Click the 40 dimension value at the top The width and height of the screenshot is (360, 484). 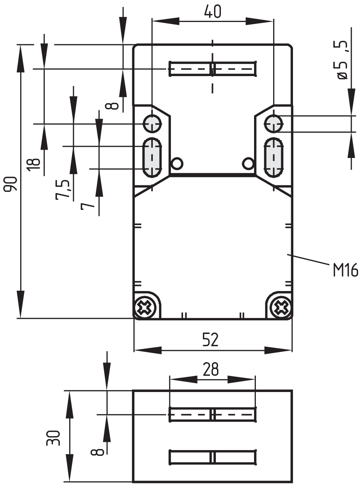pyautogui.click(x=213, y=12)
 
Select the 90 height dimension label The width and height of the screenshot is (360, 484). pyautogui.click(x=11, y=184)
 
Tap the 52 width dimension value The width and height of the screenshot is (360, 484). pyautogui.click(x=210, y=340)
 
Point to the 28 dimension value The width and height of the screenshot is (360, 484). pyautogui.click(x=211, y=369)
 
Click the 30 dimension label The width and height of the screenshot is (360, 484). pyautogui.click(x=53, y=438)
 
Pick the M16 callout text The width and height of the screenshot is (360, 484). pyautogui.click(x=345, y=270)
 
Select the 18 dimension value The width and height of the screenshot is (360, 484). pyautogui.click(x=34, y=164)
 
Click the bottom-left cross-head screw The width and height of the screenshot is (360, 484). pyautogui.click(x=145, y=307)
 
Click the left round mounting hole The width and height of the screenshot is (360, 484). pyautogui.click(x=152, y=124)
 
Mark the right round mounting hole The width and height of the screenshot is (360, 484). pyautogui.click(x=274, y=124)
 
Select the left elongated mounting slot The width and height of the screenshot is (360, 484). pyautogui.click(x=152, y=158)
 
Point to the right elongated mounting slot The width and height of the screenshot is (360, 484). pyautogui.click(x=274, y=158)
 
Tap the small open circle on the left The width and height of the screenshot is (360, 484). pyautogui.click(x=177, y=163)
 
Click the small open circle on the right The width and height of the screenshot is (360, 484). pyautogui.click(x=248, y=163)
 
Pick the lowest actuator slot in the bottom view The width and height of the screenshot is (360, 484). pyautogui.click(x=213, y=457)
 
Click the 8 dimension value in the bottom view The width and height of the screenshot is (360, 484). pyautogui.click(x=97, y=452)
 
